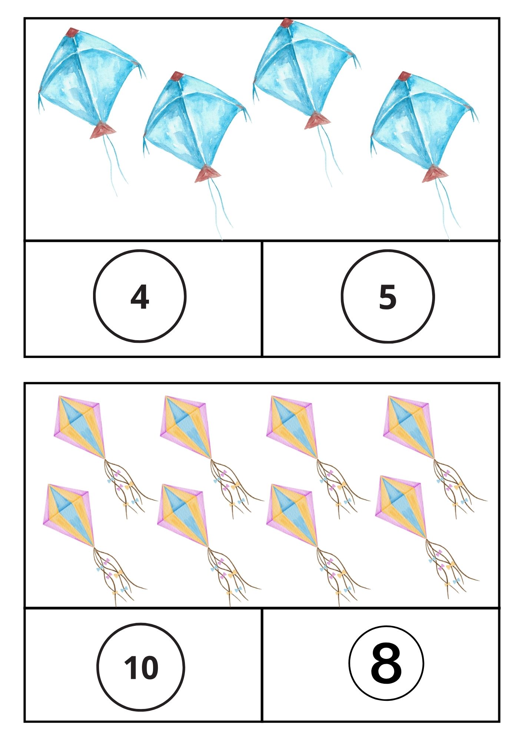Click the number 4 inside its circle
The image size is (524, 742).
pos(140,297)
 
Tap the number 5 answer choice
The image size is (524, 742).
pos(388,297)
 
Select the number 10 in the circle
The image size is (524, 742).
pos(141,667)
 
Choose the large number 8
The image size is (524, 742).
pos(386,663)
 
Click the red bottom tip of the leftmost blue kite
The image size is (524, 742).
pos(103,130)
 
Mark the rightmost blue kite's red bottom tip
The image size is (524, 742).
pos(435,174)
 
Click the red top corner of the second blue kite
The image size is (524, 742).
pos(178,76)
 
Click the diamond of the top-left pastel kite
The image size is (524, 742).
pos(79,427)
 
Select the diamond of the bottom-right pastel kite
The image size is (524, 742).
pos(401,507)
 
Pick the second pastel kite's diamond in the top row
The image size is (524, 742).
pos(186,427)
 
